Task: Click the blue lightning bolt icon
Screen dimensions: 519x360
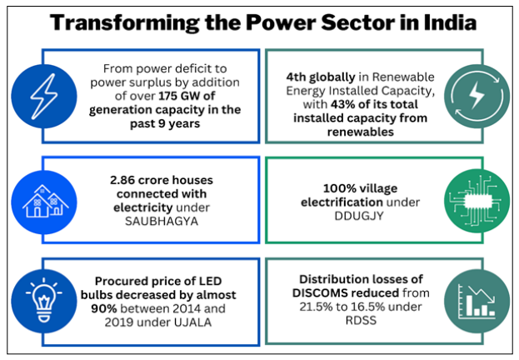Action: coord(44,97)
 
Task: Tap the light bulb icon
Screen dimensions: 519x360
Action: coord(44,301)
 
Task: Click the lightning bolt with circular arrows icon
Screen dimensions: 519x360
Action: coord(477,97)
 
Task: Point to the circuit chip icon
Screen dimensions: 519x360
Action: coord(477,201)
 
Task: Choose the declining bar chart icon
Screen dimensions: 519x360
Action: coord(477,301)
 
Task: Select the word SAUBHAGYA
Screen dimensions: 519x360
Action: coord(162,221)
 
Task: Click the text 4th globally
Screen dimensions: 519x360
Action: coord(321,77)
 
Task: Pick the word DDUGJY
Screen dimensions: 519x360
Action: coord(359,216)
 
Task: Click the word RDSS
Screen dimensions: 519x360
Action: coord(361,320)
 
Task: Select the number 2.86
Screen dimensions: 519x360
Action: coord(122,180)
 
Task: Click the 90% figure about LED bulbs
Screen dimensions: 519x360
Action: coord(104,308)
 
